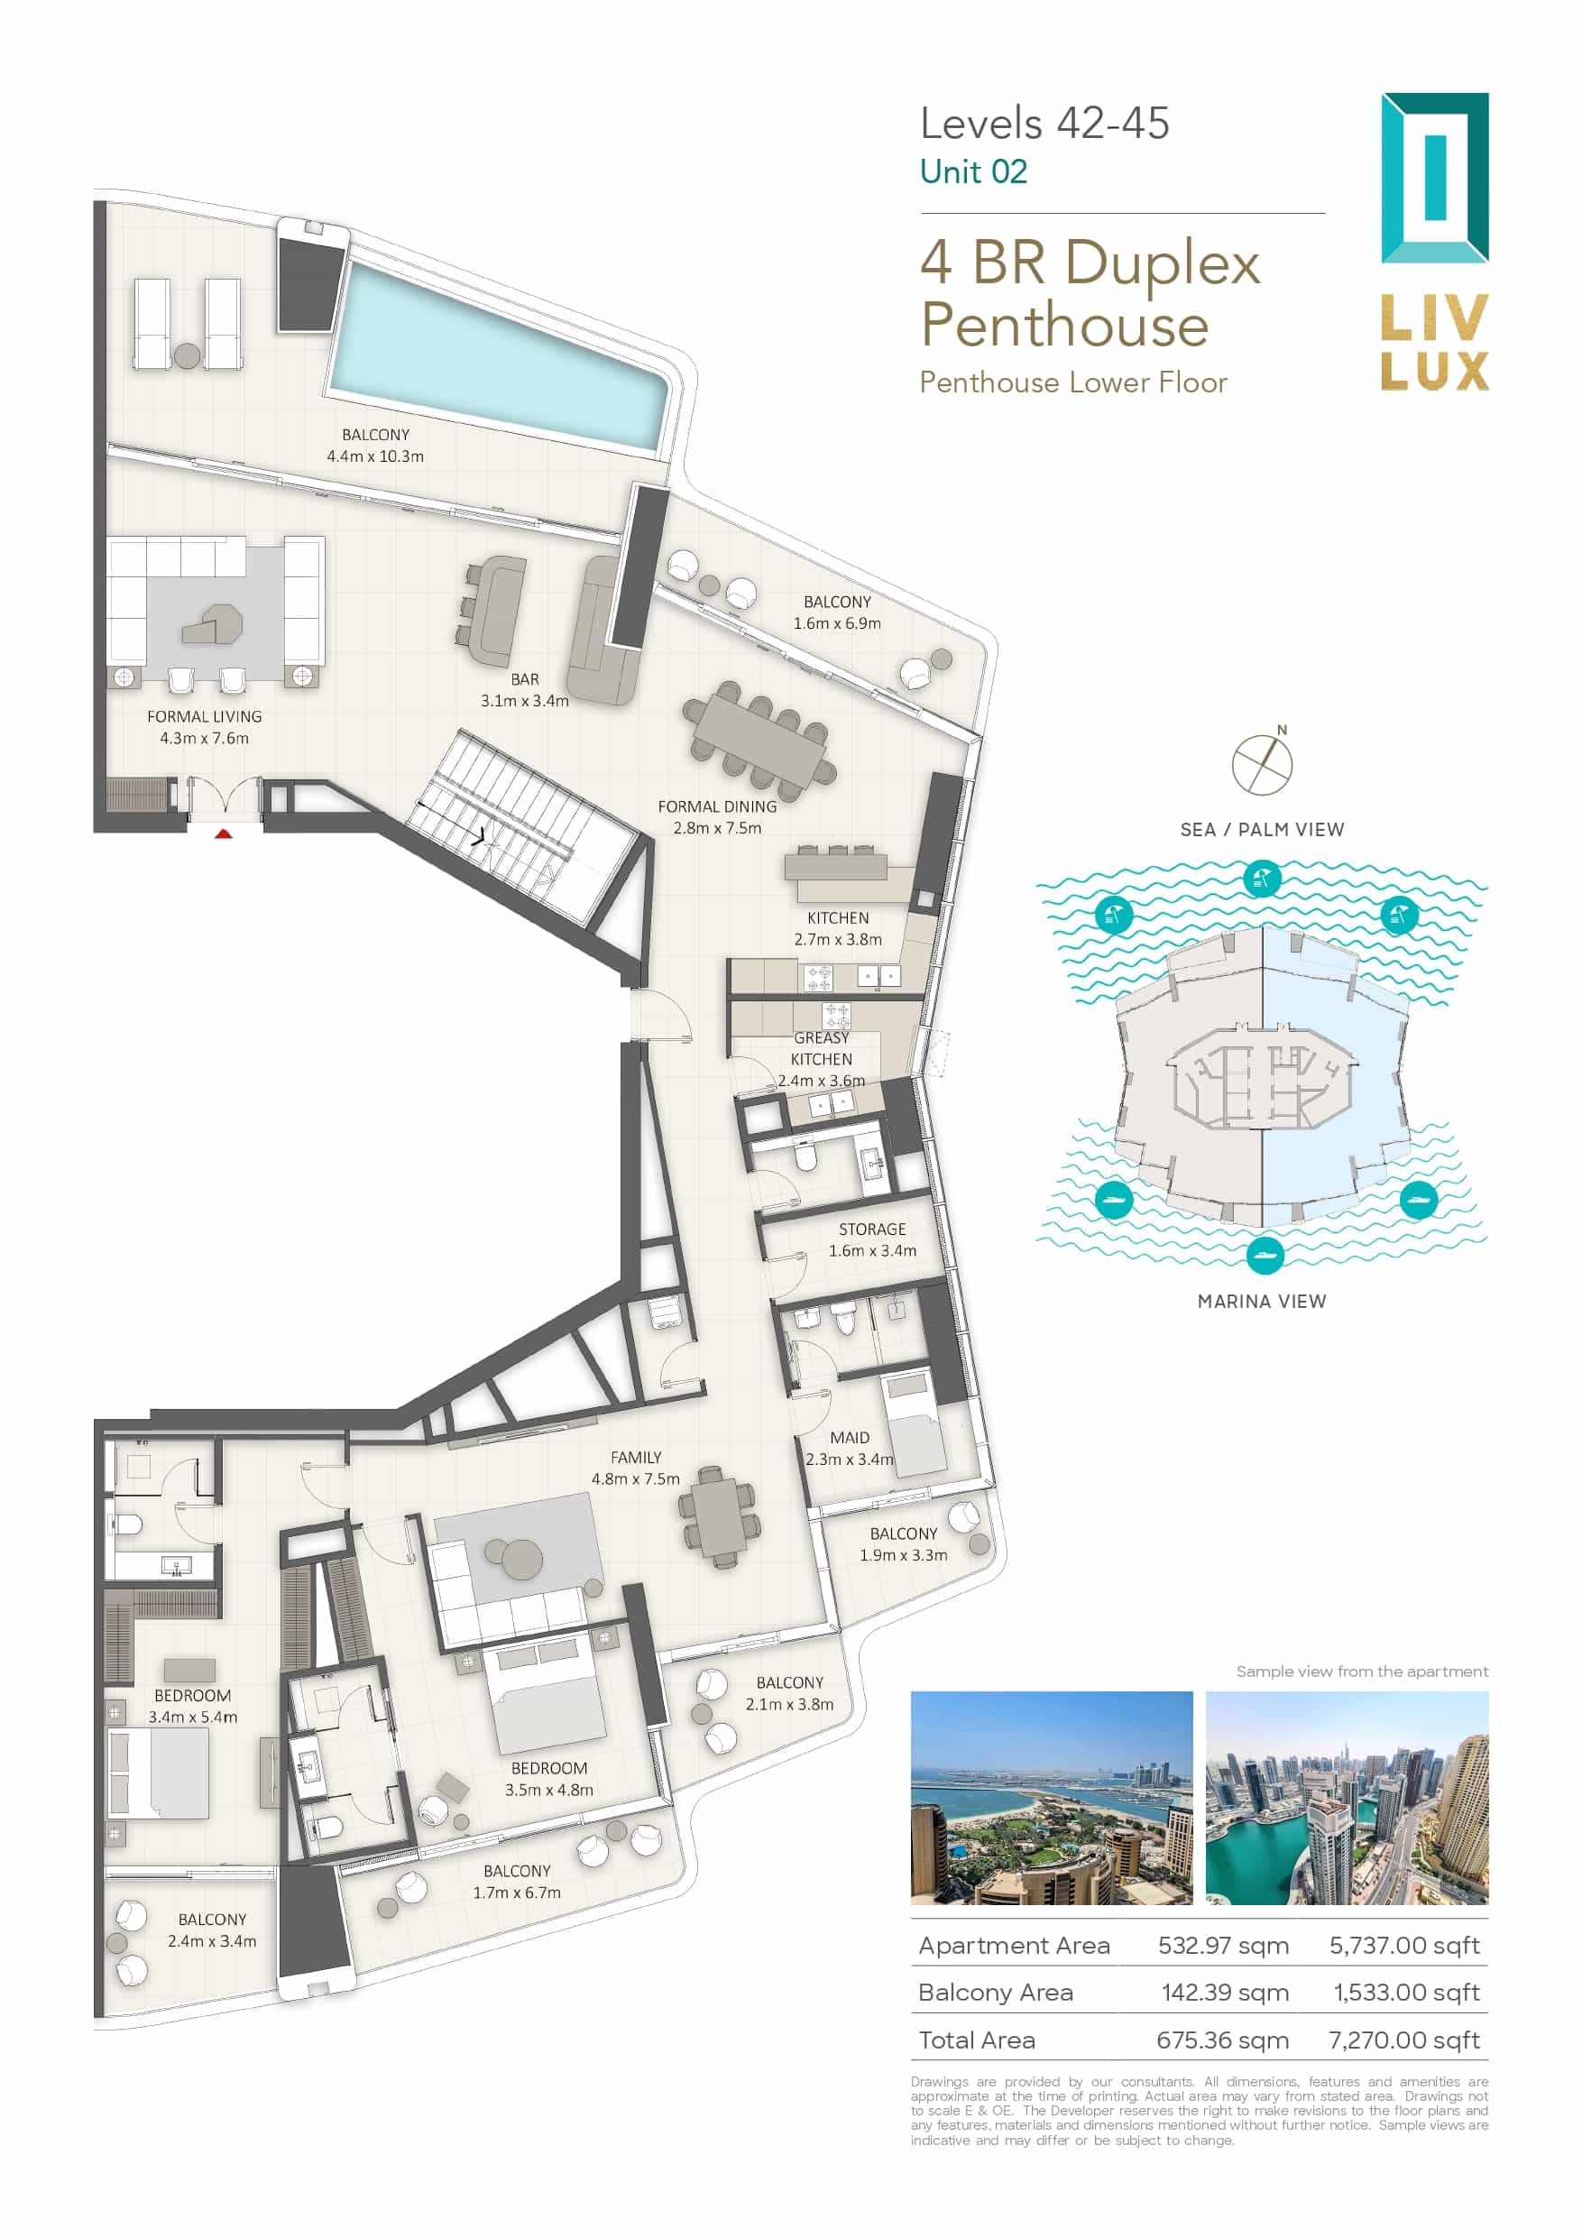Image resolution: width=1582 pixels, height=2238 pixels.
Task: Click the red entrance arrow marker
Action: click(223, 833)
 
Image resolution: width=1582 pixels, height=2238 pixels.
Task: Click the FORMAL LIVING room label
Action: click(205, 716)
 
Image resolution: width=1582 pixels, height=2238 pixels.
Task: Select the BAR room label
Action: click(524, 679)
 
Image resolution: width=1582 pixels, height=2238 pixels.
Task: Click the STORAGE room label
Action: click(872, 1230)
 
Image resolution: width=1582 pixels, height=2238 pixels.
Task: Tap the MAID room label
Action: click(850, 1438)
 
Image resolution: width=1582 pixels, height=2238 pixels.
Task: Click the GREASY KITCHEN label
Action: click(821, 1049)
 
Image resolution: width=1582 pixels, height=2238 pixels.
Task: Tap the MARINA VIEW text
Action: click(1261, 1302)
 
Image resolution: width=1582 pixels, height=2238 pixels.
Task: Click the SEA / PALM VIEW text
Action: click(1261, 830)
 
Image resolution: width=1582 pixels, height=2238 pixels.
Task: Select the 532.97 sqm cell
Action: click(1222, 1946)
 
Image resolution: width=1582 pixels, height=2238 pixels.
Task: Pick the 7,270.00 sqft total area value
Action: click(1403, 2040)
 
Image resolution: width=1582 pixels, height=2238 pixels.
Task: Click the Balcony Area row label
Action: click(995, 1993)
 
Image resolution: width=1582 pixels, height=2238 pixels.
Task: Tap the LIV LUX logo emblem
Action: click(1434, 179)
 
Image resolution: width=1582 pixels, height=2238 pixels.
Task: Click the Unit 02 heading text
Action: click(973, 171)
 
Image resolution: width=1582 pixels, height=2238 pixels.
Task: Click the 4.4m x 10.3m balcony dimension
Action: click(375, 456)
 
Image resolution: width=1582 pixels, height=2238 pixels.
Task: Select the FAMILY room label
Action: click(636, 1457)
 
